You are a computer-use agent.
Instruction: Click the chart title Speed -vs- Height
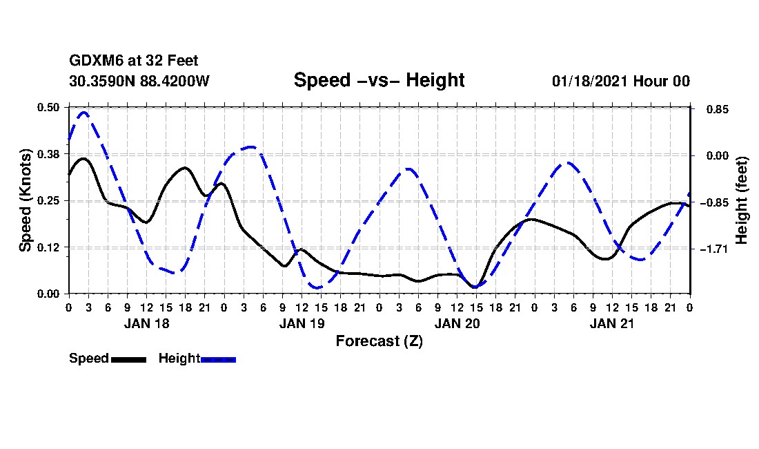coord(379,80)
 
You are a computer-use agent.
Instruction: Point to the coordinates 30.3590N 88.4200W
coord(139,81)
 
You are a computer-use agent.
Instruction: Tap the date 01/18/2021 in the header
coord(589,81)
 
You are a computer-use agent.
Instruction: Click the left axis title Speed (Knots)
coord(26,200)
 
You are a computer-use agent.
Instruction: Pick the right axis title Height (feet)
coord(742,200)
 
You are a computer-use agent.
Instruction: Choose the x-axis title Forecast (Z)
coord(379,341)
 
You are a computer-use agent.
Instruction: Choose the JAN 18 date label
coord(146,323)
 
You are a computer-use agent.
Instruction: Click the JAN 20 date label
coord(457,323)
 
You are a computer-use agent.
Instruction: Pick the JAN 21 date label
coord(612,323)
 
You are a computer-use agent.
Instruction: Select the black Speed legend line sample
coord(128,359)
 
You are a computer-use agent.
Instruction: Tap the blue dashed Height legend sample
coord(219,359)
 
